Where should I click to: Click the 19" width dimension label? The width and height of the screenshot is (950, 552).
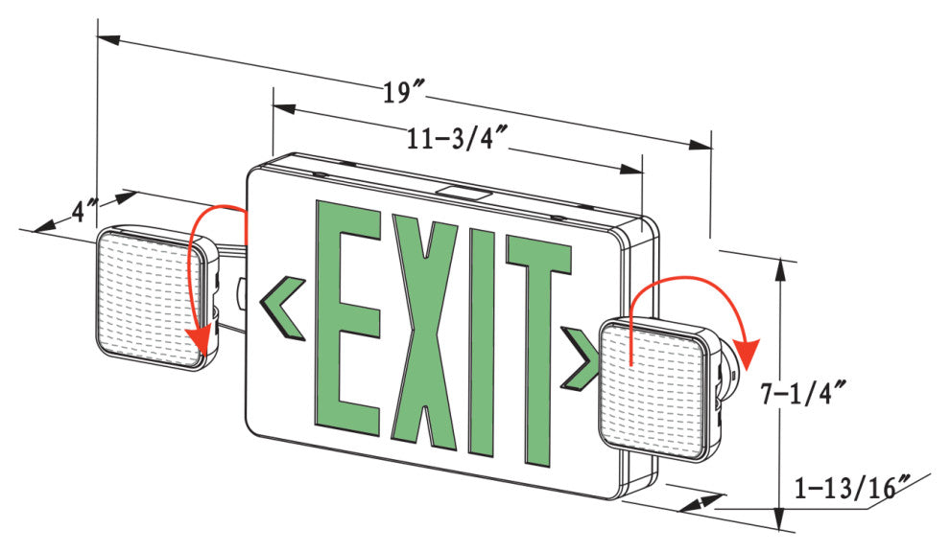[404, 93]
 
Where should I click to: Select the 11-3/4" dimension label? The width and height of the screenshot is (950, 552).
[457, 139]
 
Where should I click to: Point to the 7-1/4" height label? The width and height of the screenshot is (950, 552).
[803, 394]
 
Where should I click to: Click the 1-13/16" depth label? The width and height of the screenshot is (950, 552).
[852, 487]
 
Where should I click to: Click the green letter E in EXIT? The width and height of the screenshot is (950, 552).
[347, 318]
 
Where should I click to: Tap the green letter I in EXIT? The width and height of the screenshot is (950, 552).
[483, 341]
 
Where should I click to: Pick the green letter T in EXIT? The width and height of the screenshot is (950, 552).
[538, 351]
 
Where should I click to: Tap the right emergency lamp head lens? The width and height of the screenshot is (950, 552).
[653, 388]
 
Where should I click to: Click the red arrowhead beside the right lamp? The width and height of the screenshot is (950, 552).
[747, 354]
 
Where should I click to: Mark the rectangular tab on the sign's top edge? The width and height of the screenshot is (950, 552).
[465, 193]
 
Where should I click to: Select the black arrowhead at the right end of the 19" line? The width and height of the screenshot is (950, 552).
[701, 146]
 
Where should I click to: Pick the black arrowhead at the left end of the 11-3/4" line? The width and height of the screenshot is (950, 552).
[284, 109]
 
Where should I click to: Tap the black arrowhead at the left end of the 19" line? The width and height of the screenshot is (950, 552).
[109, 40]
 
